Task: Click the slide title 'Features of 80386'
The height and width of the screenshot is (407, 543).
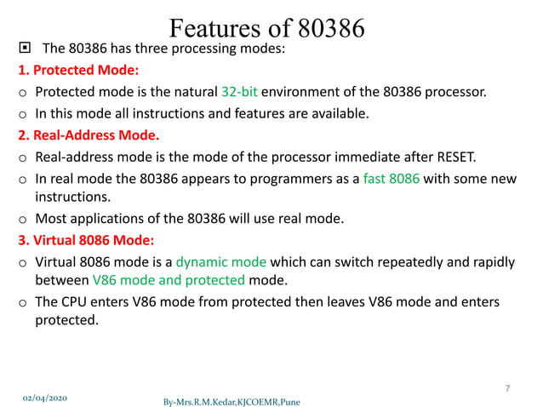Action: (x=267, y=27)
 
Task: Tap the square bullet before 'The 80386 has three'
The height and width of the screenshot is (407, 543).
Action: (x=23, y=49)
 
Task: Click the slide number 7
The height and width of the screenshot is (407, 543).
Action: (x=507, y=389)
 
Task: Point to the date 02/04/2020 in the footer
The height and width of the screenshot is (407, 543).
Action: (x=45, y=397)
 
